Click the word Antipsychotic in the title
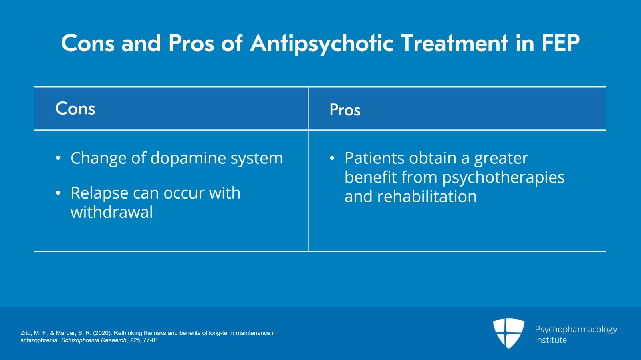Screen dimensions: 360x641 click(x=322, y=43)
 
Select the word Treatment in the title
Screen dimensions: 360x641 click(x=454, y=43)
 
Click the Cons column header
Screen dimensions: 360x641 click(x=75, y=109)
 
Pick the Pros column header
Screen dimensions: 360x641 click(x=345, y=110)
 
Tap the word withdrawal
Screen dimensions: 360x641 click(x=111, y=212)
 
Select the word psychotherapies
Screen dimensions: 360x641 click(x=503, y=177)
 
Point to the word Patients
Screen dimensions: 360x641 click(x=374, y=158)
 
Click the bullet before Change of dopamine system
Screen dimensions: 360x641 click(x=58, y=159)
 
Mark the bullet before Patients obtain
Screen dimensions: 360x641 click(x=332, y=159)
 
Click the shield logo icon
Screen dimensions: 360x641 click(x=508, y=333)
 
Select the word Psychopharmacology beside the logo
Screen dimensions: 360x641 click(x=576, y=329)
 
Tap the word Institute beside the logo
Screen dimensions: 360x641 click(x=551, y=340)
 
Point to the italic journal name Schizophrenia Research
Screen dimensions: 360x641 click(x=94, y=340)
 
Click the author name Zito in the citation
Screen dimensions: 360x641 click(x=26, y=333)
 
